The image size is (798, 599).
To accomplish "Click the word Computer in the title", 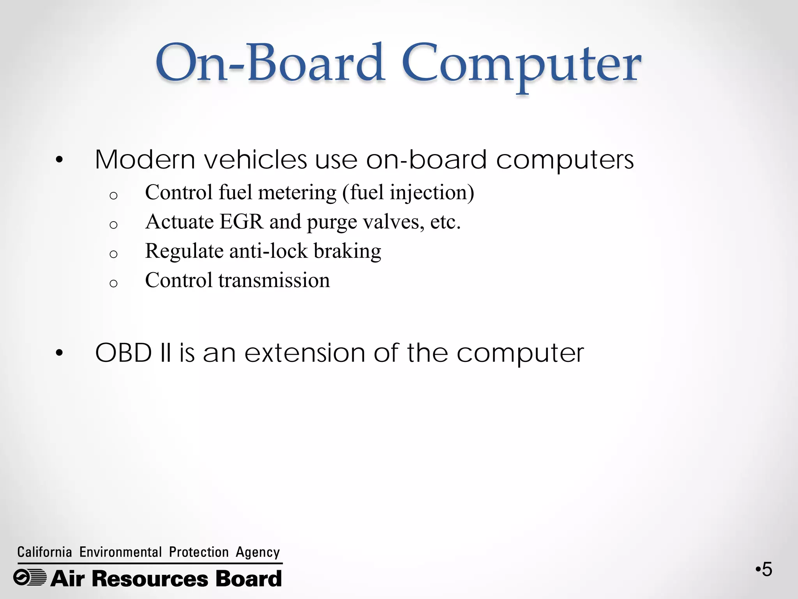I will point(521,64).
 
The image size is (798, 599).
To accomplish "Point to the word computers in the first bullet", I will point(565,160).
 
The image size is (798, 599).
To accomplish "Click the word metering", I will point(297,193).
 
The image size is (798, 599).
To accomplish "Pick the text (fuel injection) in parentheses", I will point(408,193).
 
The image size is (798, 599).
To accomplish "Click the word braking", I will point(347,252).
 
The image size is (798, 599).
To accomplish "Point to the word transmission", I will point(274,280).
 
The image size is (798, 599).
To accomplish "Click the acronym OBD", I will point(124,353).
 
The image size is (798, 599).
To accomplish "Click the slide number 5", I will point(766,570).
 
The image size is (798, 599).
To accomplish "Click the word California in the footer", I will point(45,552).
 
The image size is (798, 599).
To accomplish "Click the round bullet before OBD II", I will point(59,353).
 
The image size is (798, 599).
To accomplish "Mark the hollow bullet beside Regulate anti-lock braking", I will point(113,254).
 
